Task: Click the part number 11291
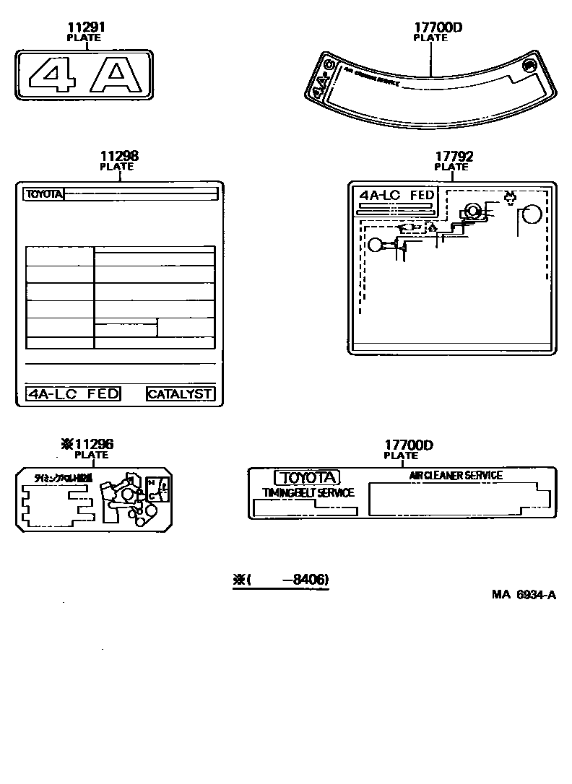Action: pos(85,28)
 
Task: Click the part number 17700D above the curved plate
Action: pos(438,28)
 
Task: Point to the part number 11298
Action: pos(119,156)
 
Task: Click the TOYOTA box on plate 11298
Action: pos(44,193)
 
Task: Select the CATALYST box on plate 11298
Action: pos(180,393)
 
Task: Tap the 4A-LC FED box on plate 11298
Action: pos(73,393)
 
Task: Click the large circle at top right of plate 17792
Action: pos(532,214)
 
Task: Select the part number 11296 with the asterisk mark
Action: pos(87,445)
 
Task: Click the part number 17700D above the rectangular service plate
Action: pos(408,445)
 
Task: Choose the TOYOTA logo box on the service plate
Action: pos(306,477)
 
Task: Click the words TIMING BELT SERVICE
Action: pos(308,492)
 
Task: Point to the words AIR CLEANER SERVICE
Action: pos(456,475)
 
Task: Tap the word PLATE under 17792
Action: pos(451,167)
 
